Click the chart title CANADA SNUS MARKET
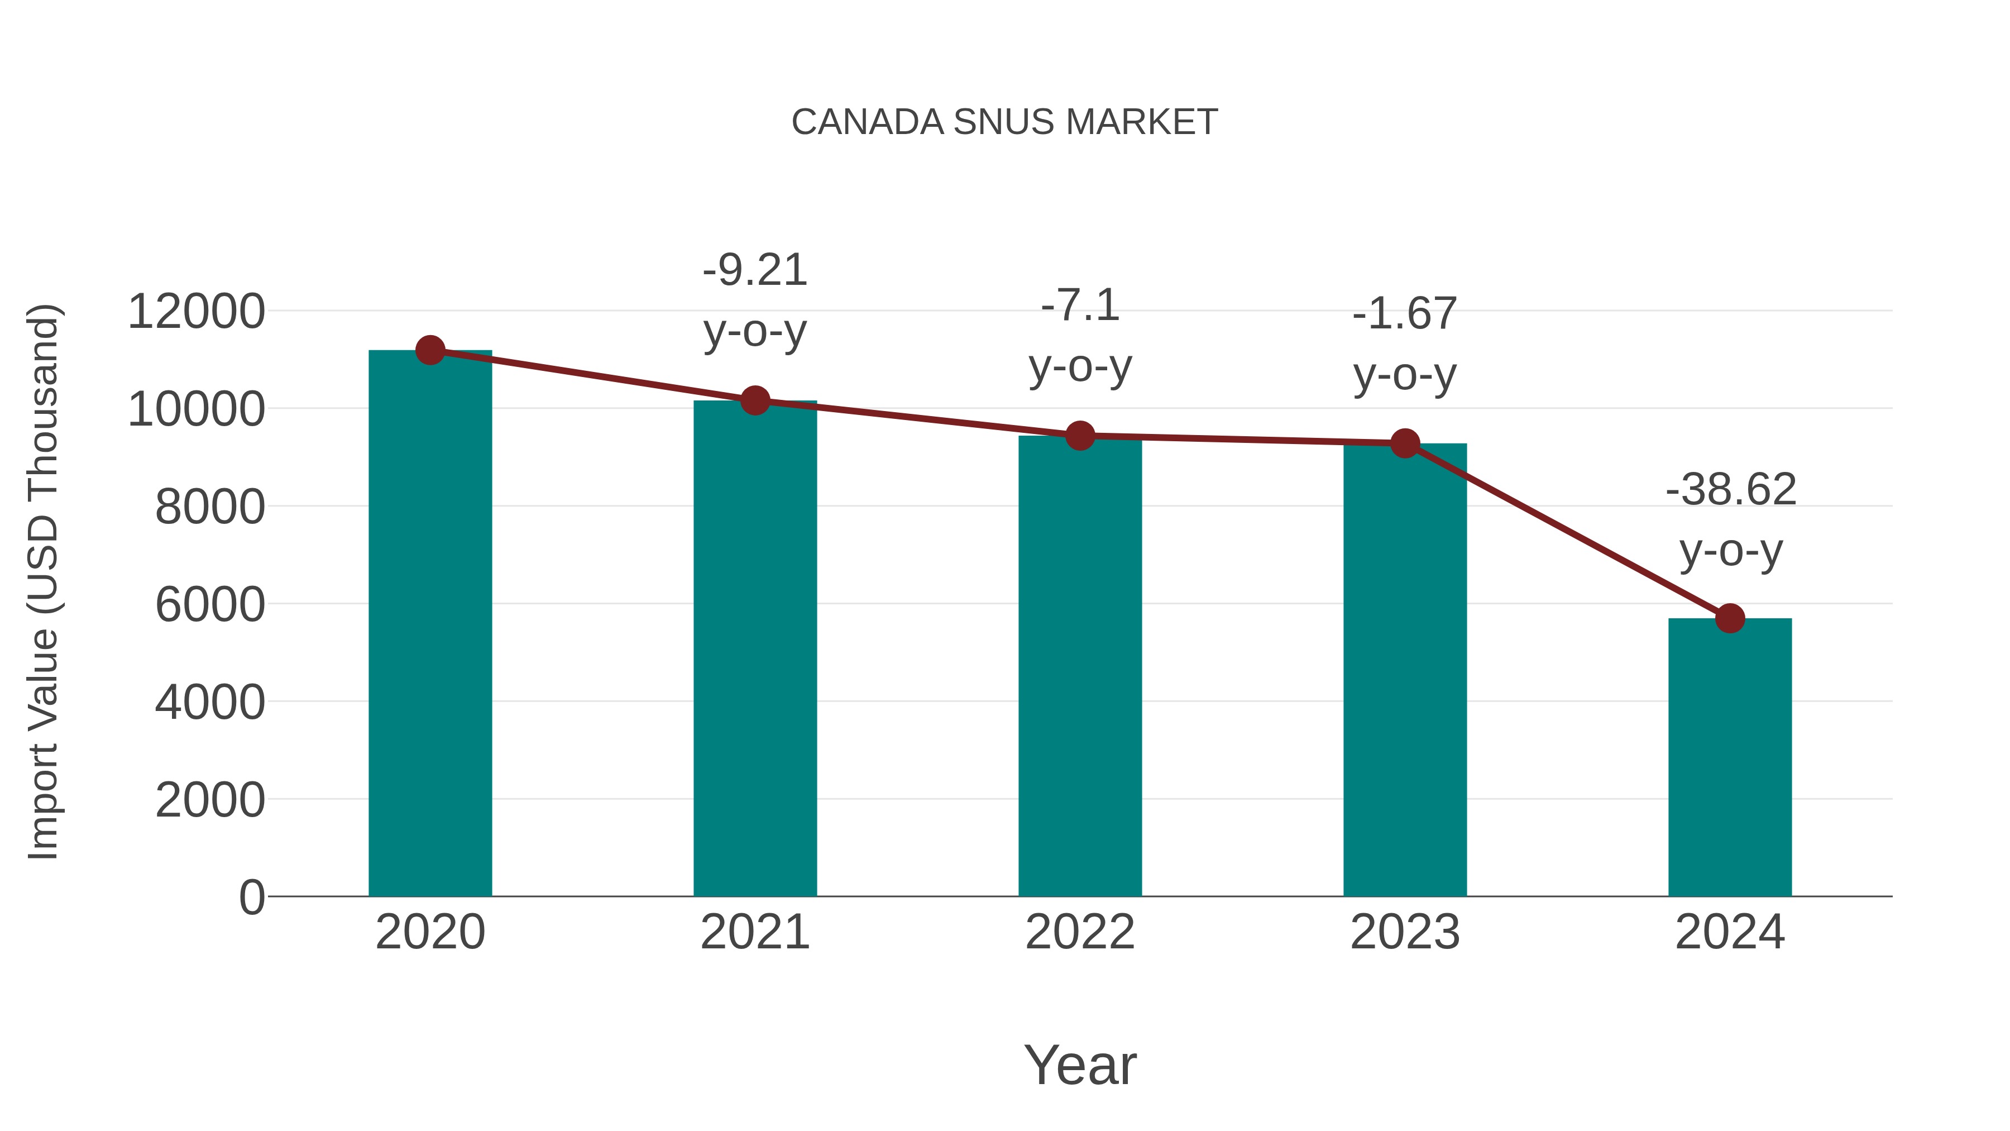(x=1004, y=122)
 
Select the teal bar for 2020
(x=430, y=624)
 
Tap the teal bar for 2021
(x=754, y=648)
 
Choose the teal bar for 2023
(x=1405, y=671)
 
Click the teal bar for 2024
(x=1730, y=757)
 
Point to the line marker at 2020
(x=430, y=350)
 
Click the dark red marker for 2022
(x=1080, y=436)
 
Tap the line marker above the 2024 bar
(x=1730, y=618)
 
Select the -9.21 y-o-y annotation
(x=754, y=300)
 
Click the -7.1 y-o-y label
(x=1080, y=336)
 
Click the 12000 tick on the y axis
(x=196, y=312)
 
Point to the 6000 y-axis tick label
(x=210, y=604)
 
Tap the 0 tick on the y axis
(x=251, y=897)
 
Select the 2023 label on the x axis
(x=1405, y=932)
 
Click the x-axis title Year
(x=1080, y=1065)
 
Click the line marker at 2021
(x=754, y=400)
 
